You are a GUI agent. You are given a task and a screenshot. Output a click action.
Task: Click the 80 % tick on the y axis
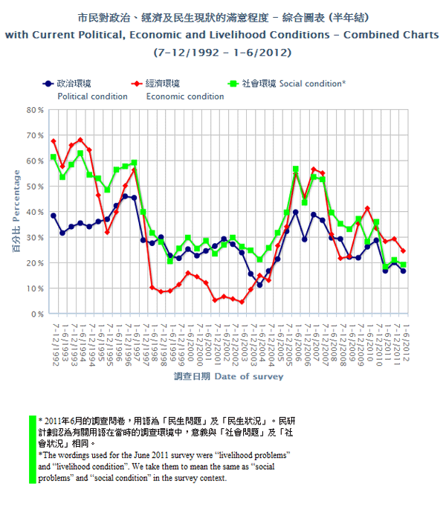[36, 110]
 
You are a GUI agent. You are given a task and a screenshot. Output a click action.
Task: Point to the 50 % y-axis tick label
[36, 187]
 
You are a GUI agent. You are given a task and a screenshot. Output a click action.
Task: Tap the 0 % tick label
[38, 314]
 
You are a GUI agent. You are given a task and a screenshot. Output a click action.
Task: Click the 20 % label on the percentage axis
[36, 263]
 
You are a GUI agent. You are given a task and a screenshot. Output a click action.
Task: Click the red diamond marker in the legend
[137, 84]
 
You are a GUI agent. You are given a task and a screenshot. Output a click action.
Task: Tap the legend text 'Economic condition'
[185, 96]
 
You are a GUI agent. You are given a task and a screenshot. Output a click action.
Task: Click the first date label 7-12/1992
[54, 342]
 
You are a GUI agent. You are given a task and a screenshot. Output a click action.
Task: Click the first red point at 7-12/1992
[54, 141]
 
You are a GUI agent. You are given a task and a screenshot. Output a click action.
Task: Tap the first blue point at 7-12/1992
[54, 216]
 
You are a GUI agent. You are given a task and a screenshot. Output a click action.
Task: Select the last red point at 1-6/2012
[403, 251]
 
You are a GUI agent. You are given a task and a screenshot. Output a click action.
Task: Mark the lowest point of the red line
[242, 302]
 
